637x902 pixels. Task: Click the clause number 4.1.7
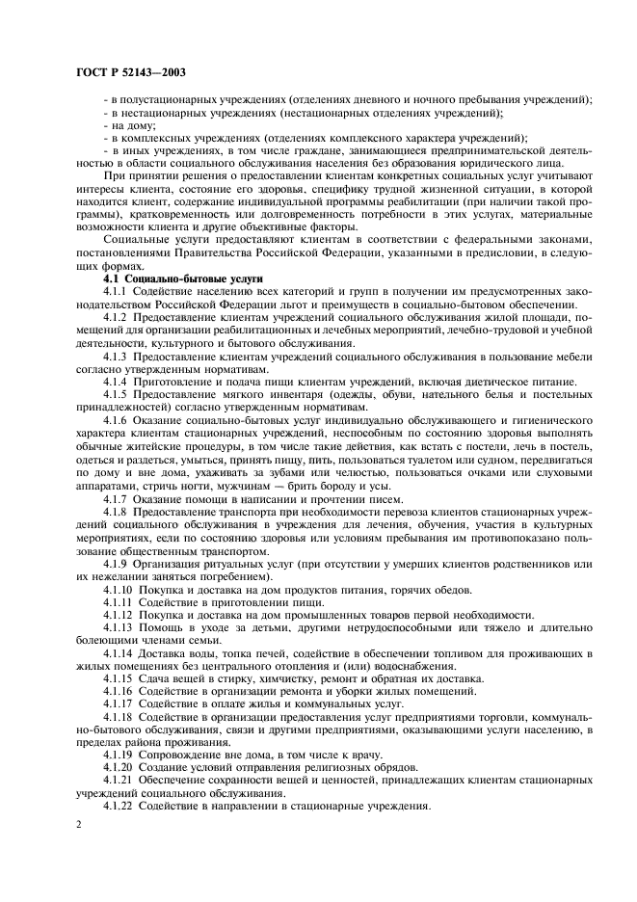117,499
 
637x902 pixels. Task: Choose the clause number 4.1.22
119,806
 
